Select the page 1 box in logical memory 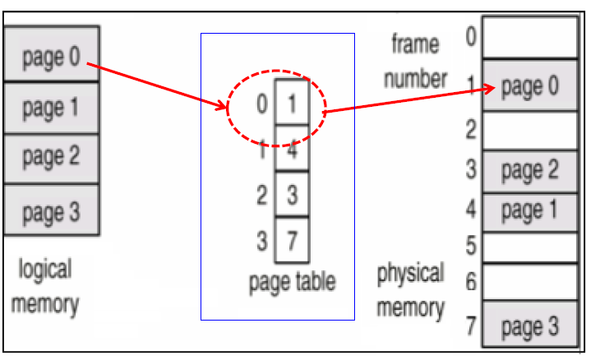point(51,106)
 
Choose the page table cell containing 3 point(292,196)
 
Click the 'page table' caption point(292,283)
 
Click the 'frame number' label point(419,62)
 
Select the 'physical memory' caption point(411,290)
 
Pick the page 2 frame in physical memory point(530,171)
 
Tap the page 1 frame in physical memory point(530,211)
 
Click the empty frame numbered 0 point(530,37)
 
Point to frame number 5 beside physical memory point(471,246)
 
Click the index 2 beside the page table point(261,196)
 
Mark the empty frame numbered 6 point(530,281)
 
